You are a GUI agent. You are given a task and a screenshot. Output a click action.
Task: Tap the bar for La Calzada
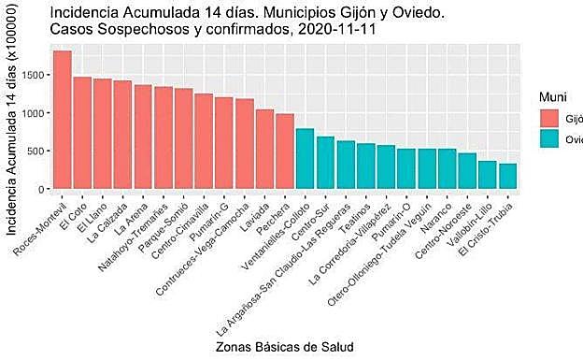tap(122, 135)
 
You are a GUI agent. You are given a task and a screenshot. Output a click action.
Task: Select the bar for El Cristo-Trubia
tap(507, 177)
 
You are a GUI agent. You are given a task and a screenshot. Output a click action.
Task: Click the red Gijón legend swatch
tap(548, 118)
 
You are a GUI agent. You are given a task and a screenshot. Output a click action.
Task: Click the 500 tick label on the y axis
tap(36, 151)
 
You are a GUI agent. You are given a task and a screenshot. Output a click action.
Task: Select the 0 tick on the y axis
tap(41, 189)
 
